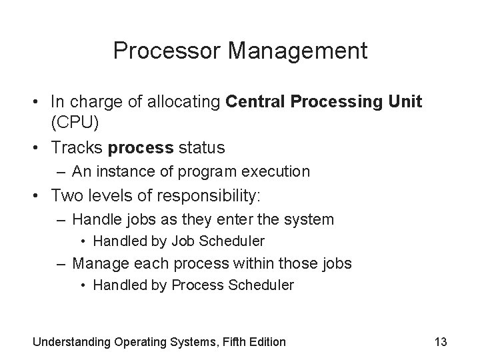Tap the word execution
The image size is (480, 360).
click(278, 171)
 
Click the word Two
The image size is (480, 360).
click(66, 196)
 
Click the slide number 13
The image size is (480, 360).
click(440, 342)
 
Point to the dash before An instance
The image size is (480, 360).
click(63, 172)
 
